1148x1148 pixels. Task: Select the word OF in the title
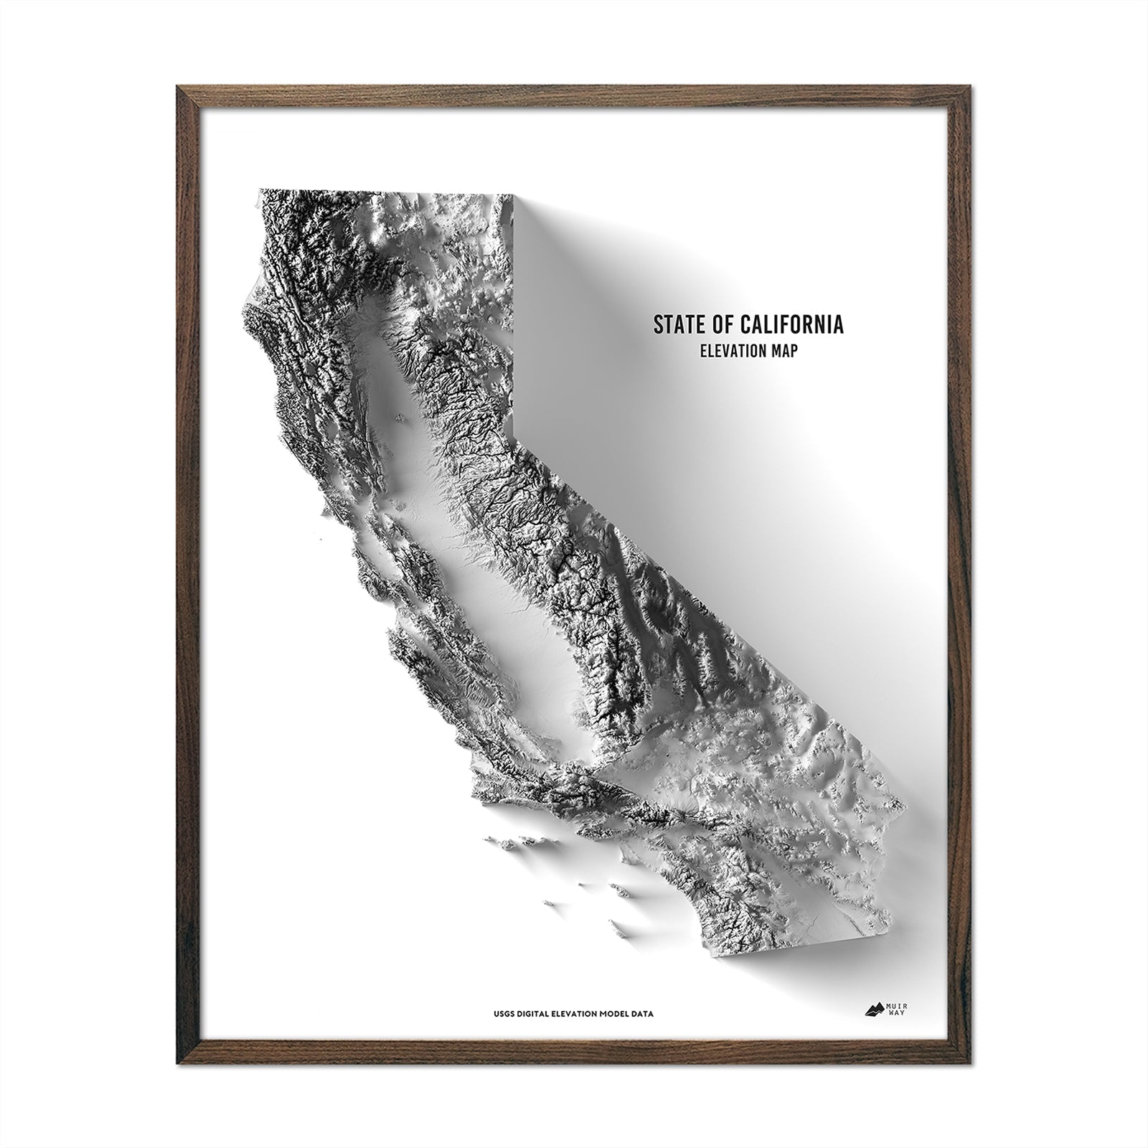point(720,324)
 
